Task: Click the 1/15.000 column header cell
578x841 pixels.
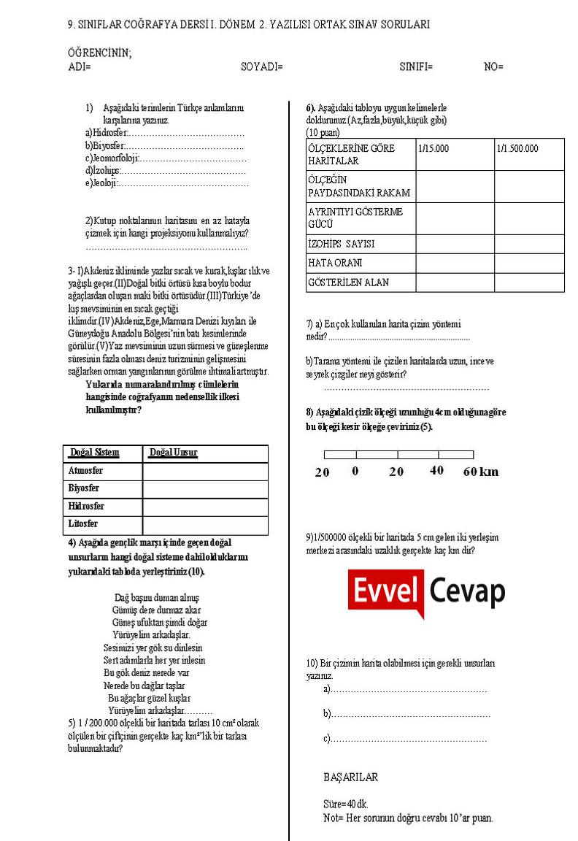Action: tap(433, 148)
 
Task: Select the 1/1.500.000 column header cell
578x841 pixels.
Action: tap(517, 148)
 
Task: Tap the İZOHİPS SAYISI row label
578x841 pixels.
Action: tap(342, 245)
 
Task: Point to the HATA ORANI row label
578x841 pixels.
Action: tap(335, 263)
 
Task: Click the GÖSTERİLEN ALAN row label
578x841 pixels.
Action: tap(348, 283)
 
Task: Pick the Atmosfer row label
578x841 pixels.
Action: tap(85, 471)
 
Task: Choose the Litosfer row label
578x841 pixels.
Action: tap(83, 524)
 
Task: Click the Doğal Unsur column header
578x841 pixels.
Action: tap(173, 453)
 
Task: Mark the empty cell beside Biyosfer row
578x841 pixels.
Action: tap(205, 488)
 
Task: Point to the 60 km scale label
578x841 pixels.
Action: tap(481, 472)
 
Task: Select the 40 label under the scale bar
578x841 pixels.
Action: tap(436, 471)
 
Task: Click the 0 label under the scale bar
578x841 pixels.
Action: tap(355, 471)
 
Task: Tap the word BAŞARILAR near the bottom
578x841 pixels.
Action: tap(350, 777)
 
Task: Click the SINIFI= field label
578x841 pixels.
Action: tap(416, 66)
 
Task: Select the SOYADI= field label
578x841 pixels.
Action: tap(262, 66)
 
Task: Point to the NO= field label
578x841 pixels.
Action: tap(493, 66)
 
